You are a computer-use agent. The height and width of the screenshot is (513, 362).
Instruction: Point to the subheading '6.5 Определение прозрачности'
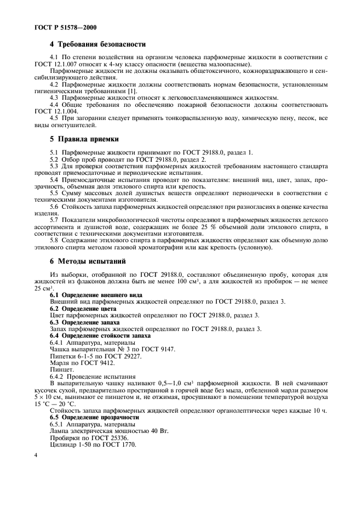pos(94,417)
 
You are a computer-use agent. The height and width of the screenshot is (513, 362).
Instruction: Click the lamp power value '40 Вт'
pos(155,431)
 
